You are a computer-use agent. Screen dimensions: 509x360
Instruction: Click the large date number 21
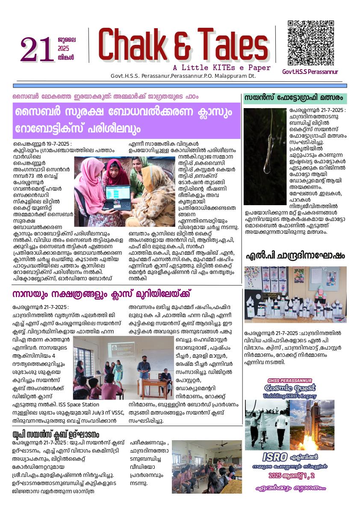(x=37, y=50)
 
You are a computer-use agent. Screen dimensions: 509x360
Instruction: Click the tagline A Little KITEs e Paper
(x=221, y=68)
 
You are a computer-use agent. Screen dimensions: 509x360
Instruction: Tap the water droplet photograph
(x=265, y=156)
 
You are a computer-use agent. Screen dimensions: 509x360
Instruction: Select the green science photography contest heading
(x=295, y=98)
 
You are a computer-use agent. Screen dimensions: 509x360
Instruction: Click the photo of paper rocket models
(x=295, y=295)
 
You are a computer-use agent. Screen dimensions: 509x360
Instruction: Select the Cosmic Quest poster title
(x=289, y=388)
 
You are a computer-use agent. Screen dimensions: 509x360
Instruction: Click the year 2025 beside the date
(x=63, y=49)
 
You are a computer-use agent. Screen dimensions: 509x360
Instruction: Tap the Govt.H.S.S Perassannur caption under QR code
(x=310, y=72)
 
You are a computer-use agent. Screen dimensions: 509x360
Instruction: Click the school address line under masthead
(x=183, y=76)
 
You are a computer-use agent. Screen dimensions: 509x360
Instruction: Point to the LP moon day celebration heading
(x=295, y=256)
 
